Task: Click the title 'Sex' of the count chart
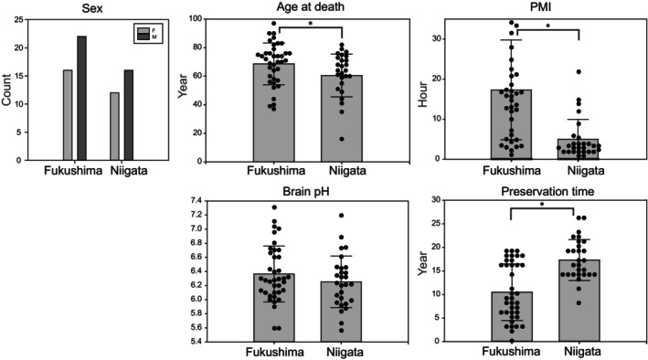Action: tap(92, 8)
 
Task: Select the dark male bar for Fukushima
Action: tap(82, 98)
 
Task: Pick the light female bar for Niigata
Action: tap(114, 126)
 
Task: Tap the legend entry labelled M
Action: tap(149, 37)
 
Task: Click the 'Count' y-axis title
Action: tap(6, 90)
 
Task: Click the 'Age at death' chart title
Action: tap(311, 6)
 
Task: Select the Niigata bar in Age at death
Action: tap(342, 118)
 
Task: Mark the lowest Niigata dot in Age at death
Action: tap(342, 139)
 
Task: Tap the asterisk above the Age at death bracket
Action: tap(311, 24)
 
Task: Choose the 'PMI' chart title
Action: tap(547, 6)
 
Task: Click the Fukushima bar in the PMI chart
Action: tap(511, 124)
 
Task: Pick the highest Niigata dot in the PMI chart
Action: tap(579, 72)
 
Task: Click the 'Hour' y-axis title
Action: tap(423, 95)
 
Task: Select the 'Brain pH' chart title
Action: tap(306, 192)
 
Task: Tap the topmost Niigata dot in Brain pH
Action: tap(341, 216)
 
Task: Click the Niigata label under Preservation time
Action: tap(583, 352)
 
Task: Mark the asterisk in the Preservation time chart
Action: tap(542, 204)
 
